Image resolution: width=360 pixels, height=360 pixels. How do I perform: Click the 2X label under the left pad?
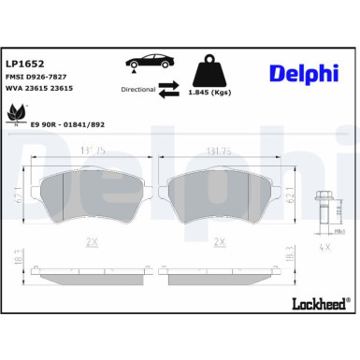[x=92, y=240]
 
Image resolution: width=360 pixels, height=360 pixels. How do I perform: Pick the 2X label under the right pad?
[x=217, y=240]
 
